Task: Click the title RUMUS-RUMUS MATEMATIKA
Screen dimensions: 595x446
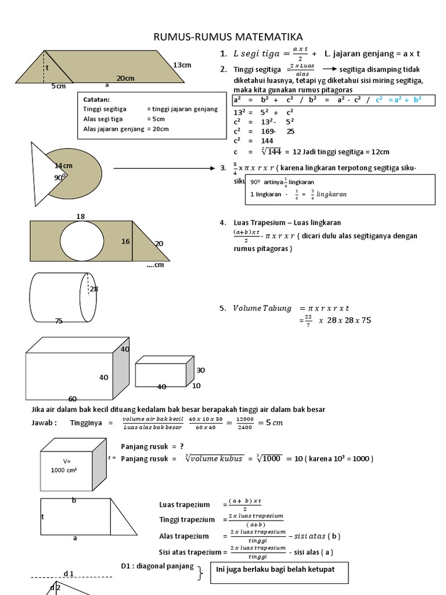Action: point(228,37)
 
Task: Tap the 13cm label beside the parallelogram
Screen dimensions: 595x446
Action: point(182,65)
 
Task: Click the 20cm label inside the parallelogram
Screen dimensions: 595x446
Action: point(126,78)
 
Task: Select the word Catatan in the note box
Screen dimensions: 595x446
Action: point(96,99)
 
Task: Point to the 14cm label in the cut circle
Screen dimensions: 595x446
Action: point(63,166)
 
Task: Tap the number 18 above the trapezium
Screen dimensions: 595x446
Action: point(80,216)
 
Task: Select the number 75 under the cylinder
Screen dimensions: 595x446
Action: point(58,321)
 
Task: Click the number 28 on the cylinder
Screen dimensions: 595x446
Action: point(93,289)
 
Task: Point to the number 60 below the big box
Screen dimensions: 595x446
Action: point(73,399)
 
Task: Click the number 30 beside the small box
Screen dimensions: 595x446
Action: point(200,370)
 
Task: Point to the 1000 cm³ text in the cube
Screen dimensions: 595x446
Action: point(64,470)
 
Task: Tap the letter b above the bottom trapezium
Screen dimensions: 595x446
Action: point(74,500)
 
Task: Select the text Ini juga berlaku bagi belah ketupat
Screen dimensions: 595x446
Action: point(275,569)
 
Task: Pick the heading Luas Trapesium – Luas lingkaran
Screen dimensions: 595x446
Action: point(287,223)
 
